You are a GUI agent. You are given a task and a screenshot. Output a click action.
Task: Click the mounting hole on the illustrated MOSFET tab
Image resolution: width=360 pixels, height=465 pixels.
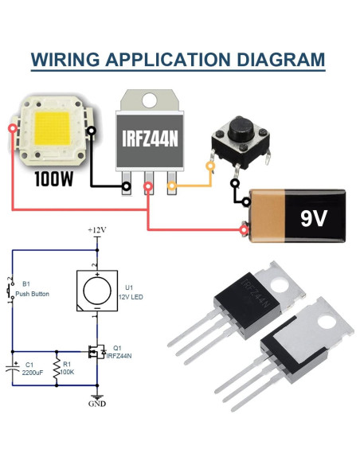(x=149, y=102)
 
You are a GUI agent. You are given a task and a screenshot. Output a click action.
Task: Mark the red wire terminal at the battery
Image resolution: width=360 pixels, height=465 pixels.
(x=245, y=231)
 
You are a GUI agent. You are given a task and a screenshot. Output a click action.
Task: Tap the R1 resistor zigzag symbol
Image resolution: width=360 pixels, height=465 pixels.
(x=57, y=369)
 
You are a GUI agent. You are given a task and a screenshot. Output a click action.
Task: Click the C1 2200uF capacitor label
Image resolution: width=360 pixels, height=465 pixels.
(x=33, y=367)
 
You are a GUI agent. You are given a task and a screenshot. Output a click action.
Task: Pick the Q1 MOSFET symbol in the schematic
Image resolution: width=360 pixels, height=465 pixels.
(x=93, y=351)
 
